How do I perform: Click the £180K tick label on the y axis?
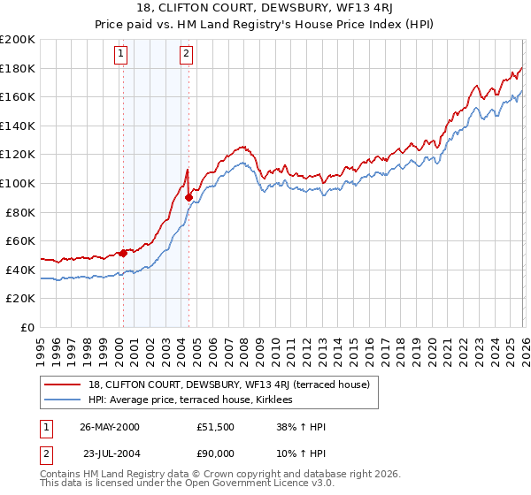(x=18, y=68)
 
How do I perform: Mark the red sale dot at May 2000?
(x=123, y=254)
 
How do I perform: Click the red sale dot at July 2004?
(x=189, y=198)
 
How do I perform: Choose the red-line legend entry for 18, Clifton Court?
(x=234, y=384)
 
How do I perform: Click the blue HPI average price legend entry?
(x=196, y=400)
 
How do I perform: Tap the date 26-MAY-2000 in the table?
(x=109, y=427)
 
